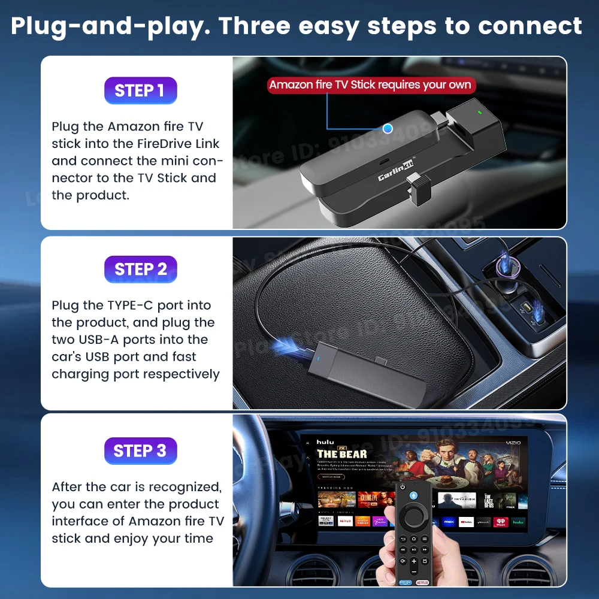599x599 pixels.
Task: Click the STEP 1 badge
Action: (140, 90)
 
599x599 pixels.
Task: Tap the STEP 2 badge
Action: (140, 269)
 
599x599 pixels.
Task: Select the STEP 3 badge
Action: (140, 450)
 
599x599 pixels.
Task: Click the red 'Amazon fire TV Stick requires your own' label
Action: (370, 84)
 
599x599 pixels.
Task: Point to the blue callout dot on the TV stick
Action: (388, 128)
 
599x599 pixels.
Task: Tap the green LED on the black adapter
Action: (479, 111)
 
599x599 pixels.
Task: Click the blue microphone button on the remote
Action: (413, 487)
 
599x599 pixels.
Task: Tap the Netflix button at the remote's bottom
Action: (422, 582)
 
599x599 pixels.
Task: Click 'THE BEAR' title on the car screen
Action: (341, 453)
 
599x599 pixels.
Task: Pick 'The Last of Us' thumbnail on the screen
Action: (488, 500)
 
